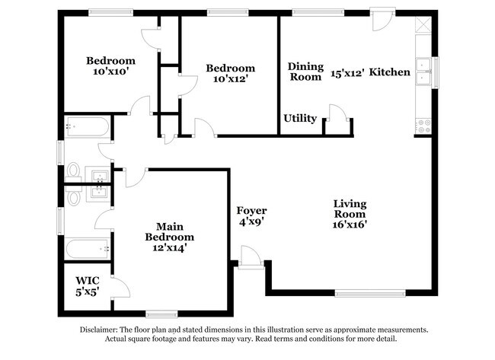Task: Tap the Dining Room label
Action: point(305,72)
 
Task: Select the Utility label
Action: point(300,119)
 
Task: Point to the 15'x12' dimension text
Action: point(347,74)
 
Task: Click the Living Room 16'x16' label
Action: point(350,214)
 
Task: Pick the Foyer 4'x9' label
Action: point(251,216)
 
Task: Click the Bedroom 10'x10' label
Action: point(110,66)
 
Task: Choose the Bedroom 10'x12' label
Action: point(231,74)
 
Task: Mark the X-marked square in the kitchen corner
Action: point(424,25)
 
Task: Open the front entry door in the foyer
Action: point(250,257)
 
